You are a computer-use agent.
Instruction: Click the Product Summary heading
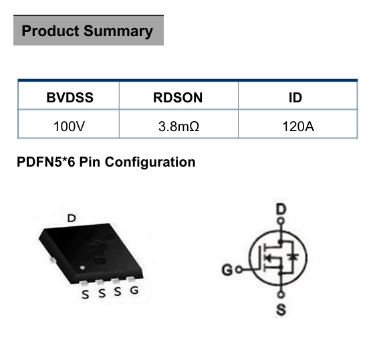88,31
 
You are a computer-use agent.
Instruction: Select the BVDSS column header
70,98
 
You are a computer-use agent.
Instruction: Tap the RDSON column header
178,98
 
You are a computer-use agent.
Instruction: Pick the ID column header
295,98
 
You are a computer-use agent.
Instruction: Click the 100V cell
69,126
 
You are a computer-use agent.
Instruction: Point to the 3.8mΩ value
178,126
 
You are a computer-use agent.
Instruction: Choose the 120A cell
298,126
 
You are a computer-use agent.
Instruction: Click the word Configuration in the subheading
150,163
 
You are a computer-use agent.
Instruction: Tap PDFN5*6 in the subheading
46,162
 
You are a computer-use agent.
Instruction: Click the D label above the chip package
72,218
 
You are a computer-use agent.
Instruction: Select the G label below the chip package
134,290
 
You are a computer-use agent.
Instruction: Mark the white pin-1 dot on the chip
82,268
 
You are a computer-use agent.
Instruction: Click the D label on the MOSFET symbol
281,209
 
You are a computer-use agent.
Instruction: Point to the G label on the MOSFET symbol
227,270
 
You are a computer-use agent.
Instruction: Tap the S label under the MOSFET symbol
281,310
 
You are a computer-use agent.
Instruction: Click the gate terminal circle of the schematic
239,270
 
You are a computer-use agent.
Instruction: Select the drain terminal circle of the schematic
281,221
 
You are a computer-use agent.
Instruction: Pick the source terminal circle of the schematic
281,294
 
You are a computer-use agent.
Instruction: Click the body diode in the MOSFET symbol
293,257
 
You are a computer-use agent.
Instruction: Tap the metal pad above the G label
130,279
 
